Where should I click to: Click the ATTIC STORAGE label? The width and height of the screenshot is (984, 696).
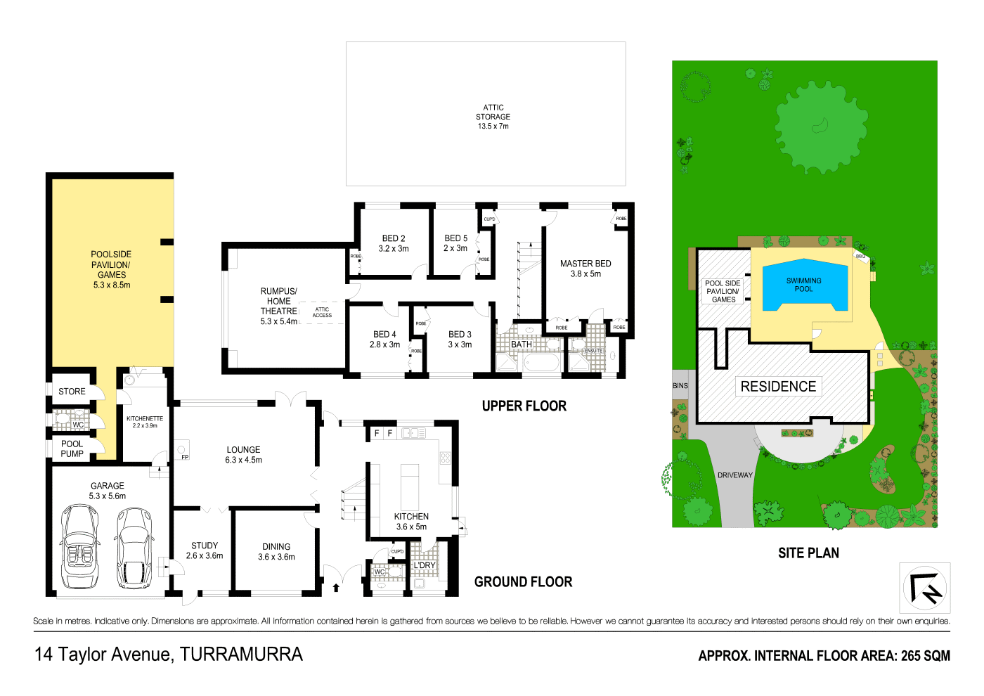(x=493, y=117)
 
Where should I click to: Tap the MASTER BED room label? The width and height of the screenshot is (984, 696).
(x=585, y=268)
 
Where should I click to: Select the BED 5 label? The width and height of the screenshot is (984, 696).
(x=455, y=243)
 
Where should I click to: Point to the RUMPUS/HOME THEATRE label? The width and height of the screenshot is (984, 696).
(x=279, y=306)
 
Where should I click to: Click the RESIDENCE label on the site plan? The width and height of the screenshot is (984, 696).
(x=778, y=387)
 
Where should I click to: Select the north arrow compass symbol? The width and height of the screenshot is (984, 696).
(x=925, y=588)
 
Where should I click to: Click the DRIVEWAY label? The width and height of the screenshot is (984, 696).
(x=734, y=475)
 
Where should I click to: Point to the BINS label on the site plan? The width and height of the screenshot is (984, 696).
(x=680, y=386)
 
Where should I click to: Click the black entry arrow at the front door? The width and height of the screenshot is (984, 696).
(x=336, y=586)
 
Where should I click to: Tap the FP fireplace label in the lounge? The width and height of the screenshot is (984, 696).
(x=185, y=457)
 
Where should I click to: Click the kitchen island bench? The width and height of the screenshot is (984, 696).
(x=410, y=486)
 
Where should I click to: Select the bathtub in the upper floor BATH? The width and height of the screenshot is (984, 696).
(x=541, y=363)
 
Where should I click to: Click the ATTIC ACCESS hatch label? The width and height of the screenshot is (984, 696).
(x=322, y=312)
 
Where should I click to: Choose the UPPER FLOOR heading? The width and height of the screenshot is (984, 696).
(x=524, y=406)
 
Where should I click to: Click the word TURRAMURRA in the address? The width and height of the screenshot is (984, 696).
(x=241, y=655)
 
